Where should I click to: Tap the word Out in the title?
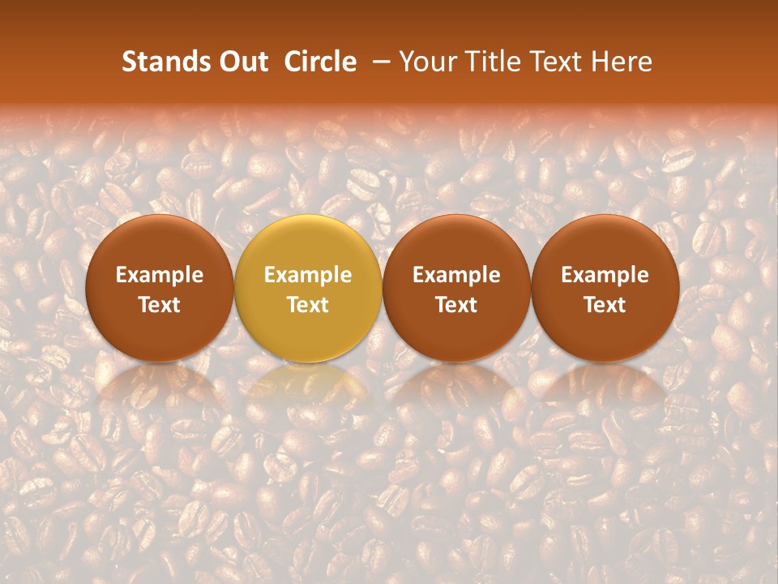241,62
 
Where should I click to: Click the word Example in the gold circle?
308,275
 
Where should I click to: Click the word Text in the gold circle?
308,305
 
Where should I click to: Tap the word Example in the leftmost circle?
160,275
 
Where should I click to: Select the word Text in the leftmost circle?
160,305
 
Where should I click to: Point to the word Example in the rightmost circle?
605,275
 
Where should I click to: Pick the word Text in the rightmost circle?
605,305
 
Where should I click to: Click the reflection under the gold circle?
308,385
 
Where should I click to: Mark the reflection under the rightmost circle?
605,385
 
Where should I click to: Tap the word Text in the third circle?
456,305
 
